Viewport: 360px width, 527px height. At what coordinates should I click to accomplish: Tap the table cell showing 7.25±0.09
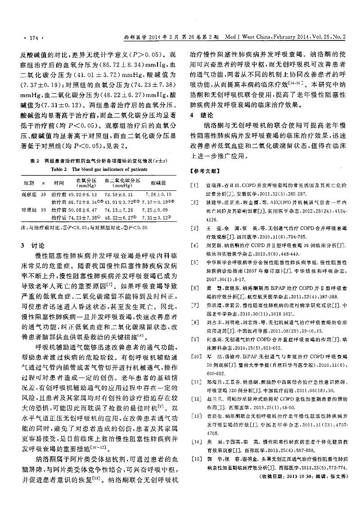(x=158, y=209)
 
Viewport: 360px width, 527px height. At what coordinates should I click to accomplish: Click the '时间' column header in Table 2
(x=58, y=183)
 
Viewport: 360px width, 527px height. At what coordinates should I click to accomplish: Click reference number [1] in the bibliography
(x=193, y=185)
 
